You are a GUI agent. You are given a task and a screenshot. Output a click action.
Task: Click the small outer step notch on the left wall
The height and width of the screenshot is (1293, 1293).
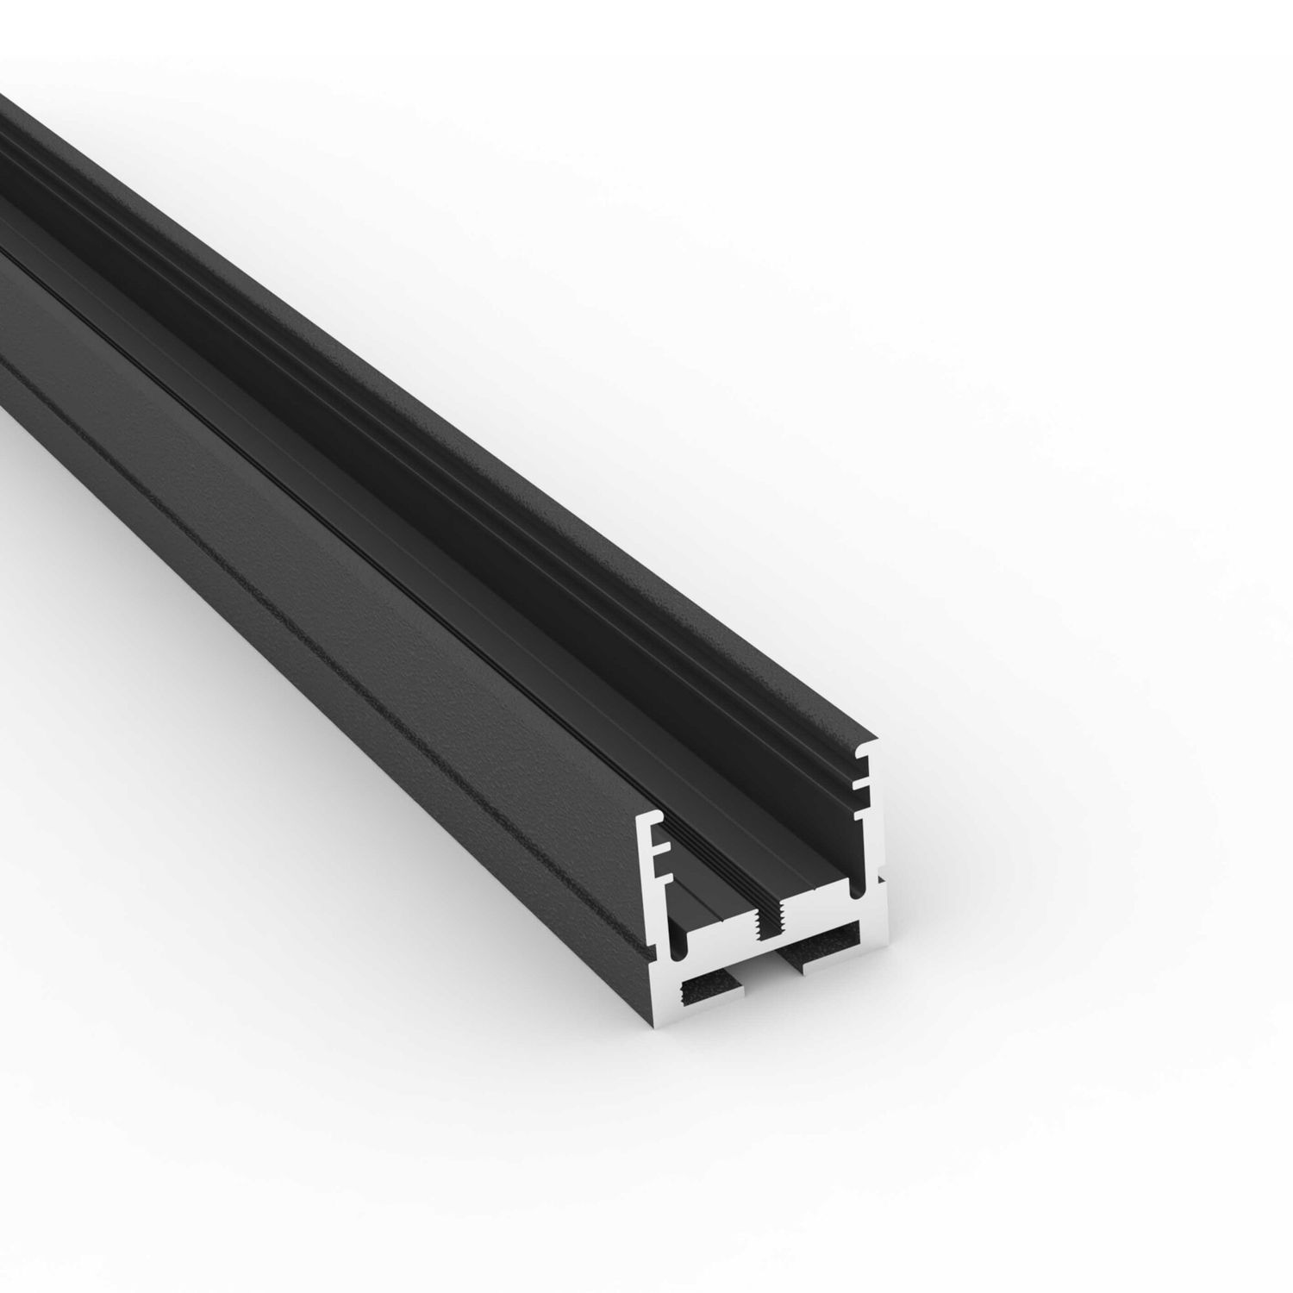coord(648,948)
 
